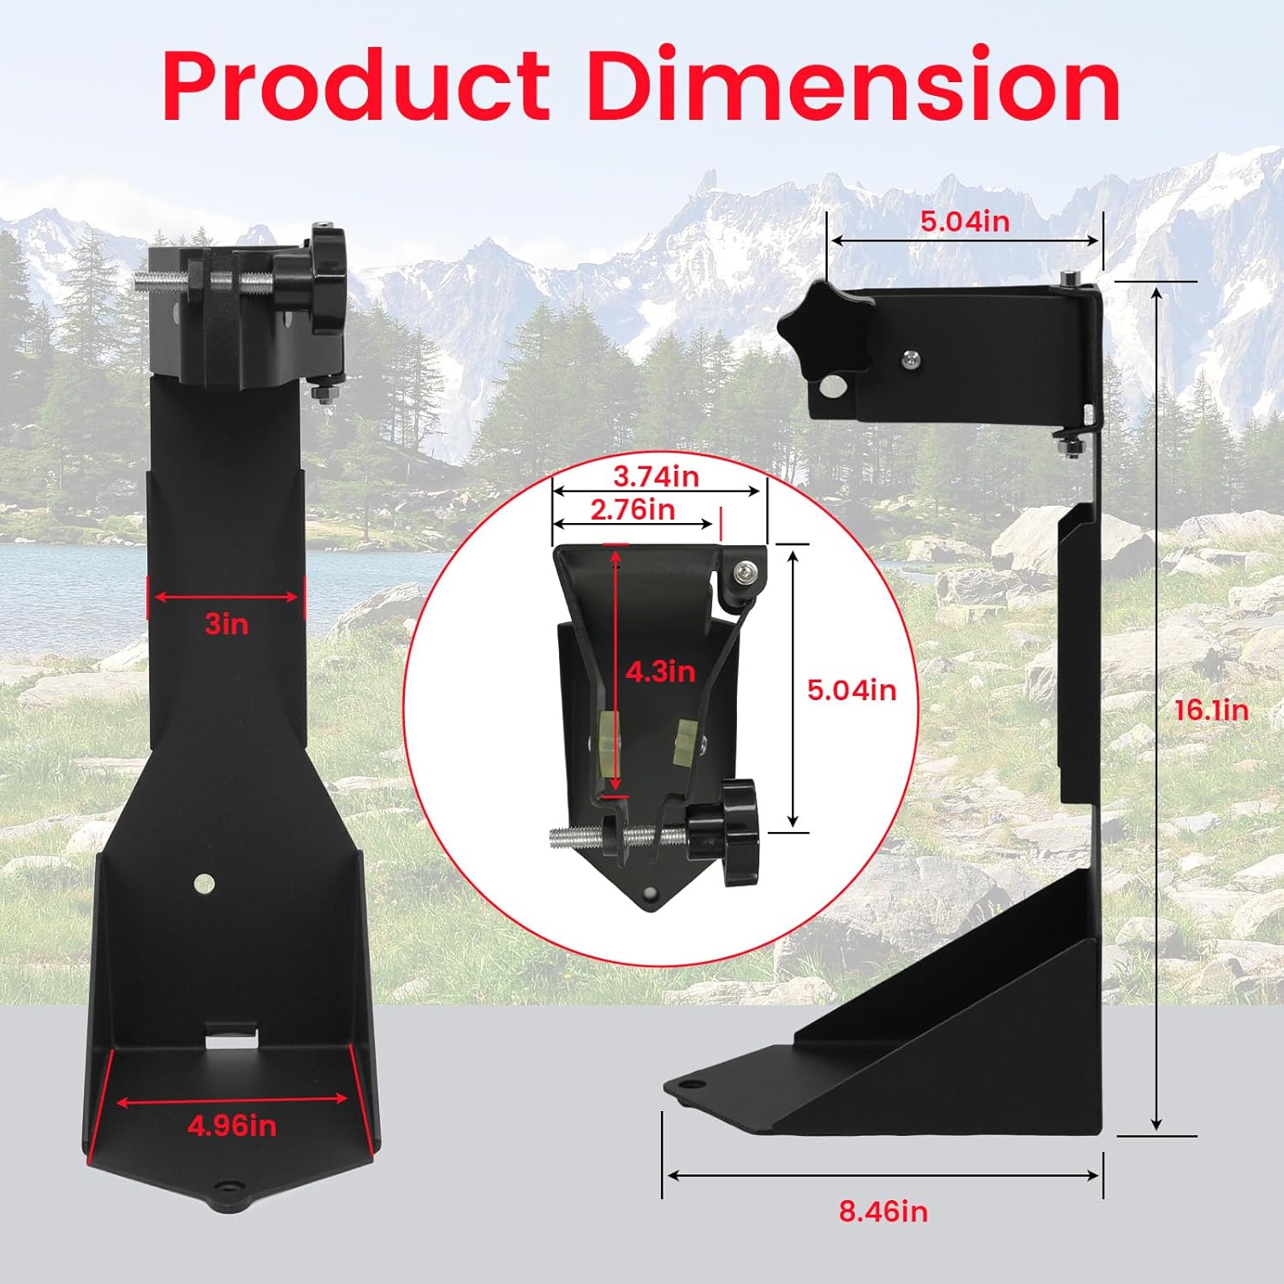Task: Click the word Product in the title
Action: pyautogui.click(x=355, y=86)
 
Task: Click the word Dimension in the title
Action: pyautogui.click(x=853, y=86)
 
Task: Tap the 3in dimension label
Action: pyautogui.click(x=227, y=624)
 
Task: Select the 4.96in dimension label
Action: pyautogui.click(x=232, y=1125)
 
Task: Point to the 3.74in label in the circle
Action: pyautogui.click(x=656, y=476)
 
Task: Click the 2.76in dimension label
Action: pyautogui.click(x=633, y=509)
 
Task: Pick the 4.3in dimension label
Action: pyautogui.click(x=660, y=671)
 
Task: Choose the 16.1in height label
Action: pyautogui.click(x=1210, y=710)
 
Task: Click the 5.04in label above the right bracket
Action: pyautogui.click(x=965, y=221)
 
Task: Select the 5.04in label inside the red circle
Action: pyautogui.click(x=852, y=689)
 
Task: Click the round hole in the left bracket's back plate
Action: pyautogui.click(x=204, y=883)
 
